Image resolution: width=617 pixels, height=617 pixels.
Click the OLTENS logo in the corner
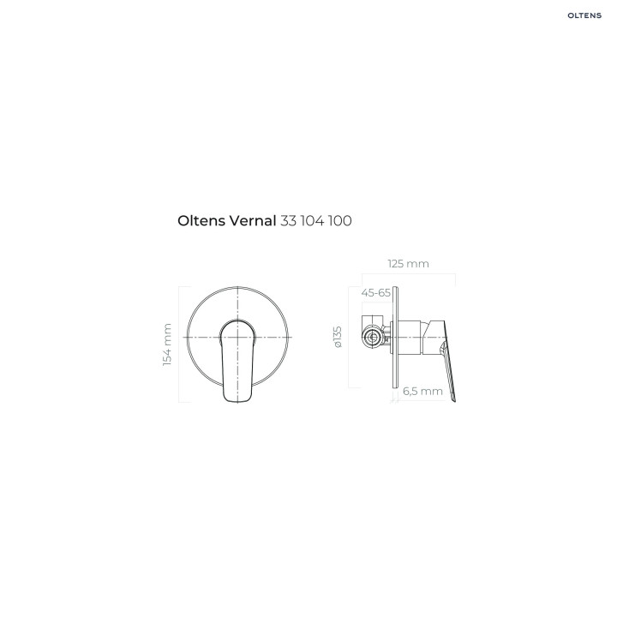[584, 15]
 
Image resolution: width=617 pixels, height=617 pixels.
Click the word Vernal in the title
[252, 221]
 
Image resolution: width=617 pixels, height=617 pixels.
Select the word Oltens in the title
[201, 221]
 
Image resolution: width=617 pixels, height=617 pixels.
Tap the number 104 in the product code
[313, 221]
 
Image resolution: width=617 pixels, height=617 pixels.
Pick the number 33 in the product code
[289, 221]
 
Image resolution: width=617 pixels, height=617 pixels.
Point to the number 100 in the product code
[340, 221]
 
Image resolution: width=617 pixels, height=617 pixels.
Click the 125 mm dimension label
[409, 264]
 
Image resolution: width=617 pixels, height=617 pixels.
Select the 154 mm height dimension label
[167, 344]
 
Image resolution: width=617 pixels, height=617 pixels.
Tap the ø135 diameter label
[338, 337]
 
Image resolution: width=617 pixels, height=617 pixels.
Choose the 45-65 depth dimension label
[376, 293]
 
